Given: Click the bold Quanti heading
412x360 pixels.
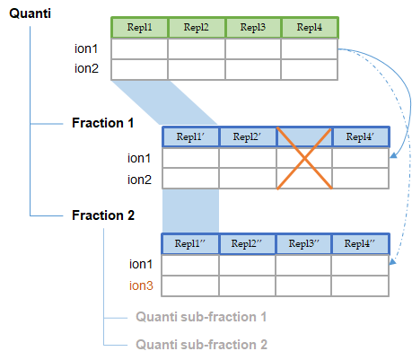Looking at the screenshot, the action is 30,13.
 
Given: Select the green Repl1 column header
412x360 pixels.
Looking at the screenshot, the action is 139,28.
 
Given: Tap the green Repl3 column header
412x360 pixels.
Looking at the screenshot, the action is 253,28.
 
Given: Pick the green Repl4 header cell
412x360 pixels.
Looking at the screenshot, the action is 310,28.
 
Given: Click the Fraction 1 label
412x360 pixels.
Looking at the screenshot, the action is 102,123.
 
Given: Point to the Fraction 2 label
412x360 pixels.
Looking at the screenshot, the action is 103,215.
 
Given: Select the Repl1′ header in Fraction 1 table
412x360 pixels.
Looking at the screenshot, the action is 190,136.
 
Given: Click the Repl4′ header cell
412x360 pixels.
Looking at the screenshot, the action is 360,136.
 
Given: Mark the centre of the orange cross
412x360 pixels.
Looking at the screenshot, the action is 304,159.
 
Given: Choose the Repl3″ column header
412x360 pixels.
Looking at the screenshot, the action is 303,243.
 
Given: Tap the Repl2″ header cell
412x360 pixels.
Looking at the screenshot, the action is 247,243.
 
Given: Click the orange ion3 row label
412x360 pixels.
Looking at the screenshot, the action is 141,285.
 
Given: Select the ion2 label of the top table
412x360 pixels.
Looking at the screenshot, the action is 86,68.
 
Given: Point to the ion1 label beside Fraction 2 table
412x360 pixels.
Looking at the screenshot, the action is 141,264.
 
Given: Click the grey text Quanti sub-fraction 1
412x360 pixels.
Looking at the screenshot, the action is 201,317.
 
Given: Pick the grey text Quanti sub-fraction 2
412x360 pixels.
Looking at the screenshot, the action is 201,345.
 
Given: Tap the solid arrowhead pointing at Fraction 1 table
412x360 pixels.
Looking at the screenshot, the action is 393,155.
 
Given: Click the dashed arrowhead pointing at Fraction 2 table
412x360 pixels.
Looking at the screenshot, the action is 392,261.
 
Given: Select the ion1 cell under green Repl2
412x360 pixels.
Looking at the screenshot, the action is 197,48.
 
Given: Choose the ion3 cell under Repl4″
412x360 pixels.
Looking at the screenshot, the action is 360,285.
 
